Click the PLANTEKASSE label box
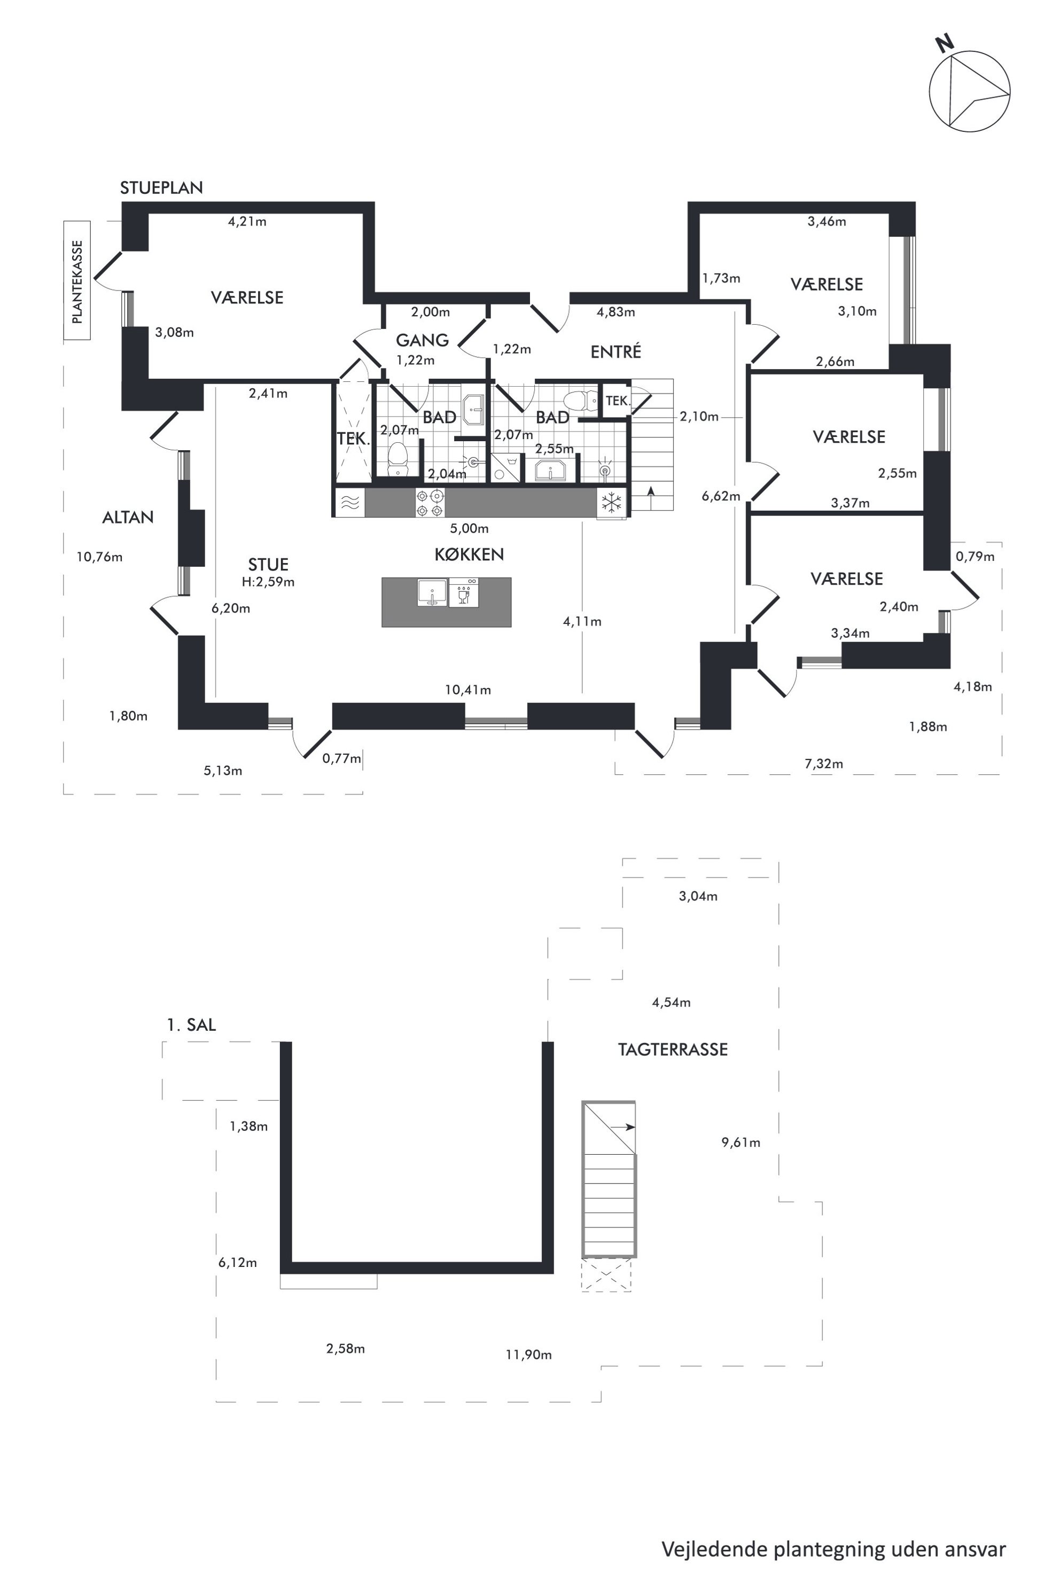77,280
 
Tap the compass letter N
945,44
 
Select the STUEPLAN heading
161,188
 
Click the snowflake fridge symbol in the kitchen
612,502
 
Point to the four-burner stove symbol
430,503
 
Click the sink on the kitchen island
432,593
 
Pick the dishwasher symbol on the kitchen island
464,593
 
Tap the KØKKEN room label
469,555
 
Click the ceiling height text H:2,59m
268,582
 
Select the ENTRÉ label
616,351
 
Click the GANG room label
423,340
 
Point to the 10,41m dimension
468,690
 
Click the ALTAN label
128,518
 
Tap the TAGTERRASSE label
673,1050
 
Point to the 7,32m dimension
824,764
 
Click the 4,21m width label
247,221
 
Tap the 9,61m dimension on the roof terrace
741,1143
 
